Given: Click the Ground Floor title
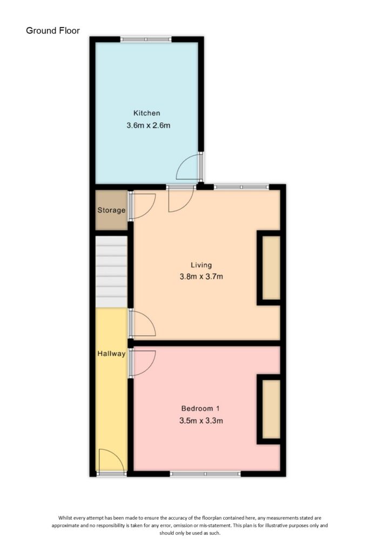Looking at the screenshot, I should tap(53, 31).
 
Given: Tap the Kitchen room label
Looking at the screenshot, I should tap(147, 113).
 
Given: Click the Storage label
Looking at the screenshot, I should tap(112, 210).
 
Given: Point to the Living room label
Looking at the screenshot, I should tap(201, 265).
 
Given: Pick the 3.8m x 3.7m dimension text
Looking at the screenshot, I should tap(201, 278).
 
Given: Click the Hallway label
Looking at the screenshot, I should tap(112, 354).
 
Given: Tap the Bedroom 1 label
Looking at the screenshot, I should tap(200, 408).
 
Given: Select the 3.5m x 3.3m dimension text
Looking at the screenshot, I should tap(200, 420).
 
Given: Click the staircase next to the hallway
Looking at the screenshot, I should tap(112, 272).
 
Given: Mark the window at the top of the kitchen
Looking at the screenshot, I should tap(146, 39).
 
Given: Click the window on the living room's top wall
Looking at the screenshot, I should tap(241, 187).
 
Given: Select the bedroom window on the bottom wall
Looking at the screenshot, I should tap(205, 474).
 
